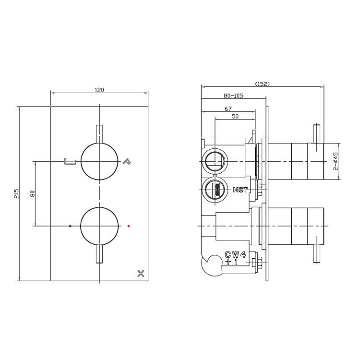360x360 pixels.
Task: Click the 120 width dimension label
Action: tap(99, 90)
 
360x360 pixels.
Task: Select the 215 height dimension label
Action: tap(16, 193)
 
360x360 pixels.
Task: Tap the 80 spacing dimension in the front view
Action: tap(32, 193)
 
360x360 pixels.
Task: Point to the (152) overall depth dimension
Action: tap(263, 84)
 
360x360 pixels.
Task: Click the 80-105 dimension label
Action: tap(233, 96)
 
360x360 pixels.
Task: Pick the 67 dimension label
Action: tap(228, 108)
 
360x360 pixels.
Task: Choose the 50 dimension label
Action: tap(235, 117)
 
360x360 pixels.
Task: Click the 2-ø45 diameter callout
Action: tap(336, 161)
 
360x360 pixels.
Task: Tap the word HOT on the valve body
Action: tap(240, 190)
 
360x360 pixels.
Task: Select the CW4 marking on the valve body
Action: tap(235, 254)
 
